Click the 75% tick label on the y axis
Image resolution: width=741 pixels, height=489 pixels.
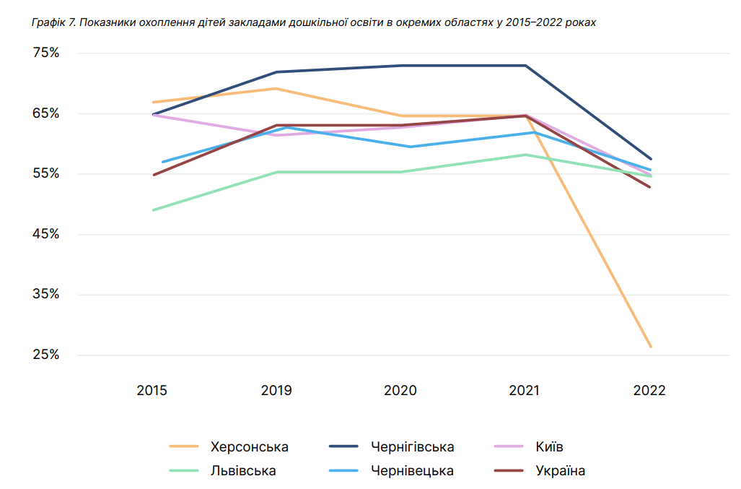pyautogui.click(x=45, y=53)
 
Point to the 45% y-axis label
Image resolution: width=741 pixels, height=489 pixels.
pyautogui.click(x=45, y=234)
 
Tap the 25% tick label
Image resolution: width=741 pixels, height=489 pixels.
pyautogui.click(x=45, y=355)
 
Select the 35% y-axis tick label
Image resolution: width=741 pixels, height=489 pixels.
pyautogui.click(x=45, y=295)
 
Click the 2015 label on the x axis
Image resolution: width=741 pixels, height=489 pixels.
pyautogui.click(x=152, y=391)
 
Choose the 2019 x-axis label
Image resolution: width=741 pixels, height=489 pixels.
pyautogui.click(x=276, y=391)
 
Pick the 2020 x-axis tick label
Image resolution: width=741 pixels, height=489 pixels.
pyautogui.click(x=400, y=391)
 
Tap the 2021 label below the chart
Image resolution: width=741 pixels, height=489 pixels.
pyautogui.click(x=525, y=391)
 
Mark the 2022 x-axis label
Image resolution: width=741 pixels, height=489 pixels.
pyautogui.click(x=649, y=391)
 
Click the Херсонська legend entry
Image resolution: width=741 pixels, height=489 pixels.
pyautogui.click(x=249, y=447)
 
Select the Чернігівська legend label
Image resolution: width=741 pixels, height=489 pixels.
pyautogui.click(x=412, y=447)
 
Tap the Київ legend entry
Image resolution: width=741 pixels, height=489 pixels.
pyautogui.click(x=550, y=447)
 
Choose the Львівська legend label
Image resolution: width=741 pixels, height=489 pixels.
pyautogui.click(x=243, y=471)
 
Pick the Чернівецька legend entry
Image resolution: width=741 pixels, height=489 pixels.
pyautogui.click(x=412, y=471)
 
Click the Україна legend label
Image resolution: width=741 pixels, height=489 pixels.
pyautogui.click(x=561, y=471)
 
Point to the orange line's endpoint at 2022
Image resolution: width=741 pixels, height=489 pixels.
pyautogui.click(x=650, y=347)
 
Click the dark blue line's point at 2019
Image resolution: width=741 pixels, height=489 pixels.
pyautogui.click(x=276, y=72)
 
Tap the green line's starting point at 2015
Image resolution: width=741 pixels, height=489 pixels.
pyautogui.click(x=154, y=210)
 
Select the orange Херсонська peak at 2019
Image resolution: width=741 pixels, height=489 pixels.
pyautogui.click(x=276, y=88)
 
